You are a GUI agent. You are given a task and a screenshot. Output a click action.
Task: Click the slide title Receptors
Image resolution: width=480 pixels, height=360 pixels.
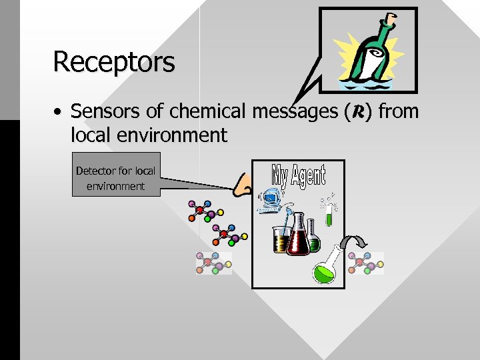coord(114,62)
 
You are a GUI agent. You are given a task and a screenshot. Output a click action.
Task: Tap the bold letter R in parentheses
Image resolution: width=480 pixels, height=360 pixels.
coord(354,111)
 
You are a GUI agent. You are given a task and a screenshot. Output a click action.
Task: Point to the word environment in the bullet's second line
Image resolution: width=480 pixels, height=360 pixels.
coord(174,135)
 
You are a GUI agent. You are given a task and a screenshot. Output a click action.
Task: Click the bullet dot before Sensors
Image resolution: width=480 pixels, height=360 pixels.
coord(59,111)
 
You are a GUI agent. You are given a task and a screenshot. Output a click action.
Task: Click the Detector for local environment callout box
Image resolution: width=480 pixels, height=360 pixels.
coord(116,178)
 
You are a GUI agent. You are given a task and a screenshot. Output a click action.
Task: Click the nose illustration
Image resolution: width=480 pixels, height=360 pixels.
coord(245,185)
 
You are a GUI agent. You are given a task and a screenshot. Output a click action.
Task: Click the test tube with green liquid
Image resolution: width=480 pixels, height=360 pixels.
coord(329,211)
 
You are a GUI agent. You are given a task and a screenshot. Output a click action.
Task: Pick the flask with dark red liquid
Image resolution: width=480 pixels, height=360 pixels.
coord(297,236)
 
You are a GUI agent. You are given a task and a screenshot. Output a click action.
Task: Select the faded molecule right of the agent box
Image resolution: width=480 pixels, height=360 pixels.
coord(366,263)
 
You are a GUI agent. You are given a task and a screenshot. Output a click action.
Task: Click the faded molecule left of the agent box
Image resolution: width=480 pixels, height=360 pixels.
coord(213,263)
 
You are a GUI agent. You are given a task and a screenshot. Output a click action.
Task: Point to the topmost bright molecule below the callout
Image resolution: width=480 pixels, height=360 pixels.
coord(200,211)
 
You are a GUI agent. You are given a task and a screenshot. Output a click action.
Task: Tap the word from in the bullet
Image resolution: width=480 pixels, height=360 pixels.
coord(398,111)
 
